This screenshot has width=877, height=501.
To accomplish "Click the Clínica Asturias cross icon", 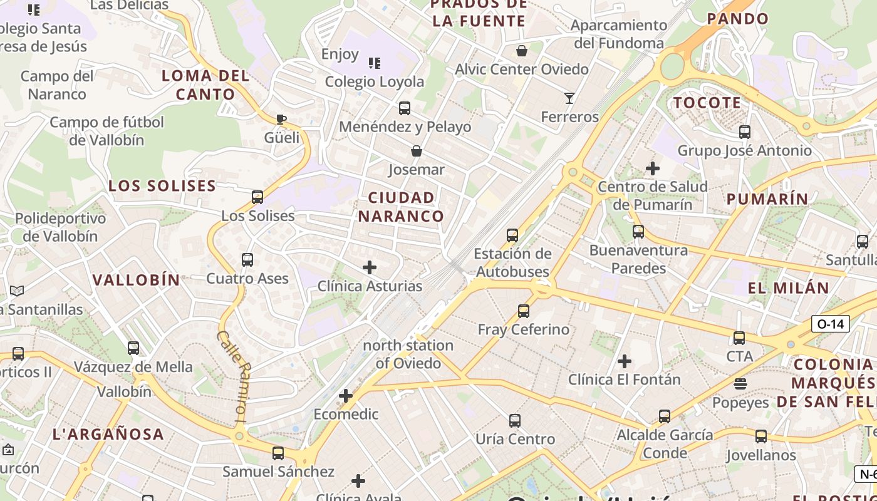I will point(370,267).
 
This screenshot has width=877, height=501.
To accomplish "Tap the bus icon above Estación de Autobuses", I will point(512,235).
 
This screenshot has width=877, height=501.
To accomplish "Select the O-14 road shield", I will point(831,324).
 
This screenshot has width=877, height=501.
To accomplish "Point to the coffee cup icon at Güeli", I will point(281,119).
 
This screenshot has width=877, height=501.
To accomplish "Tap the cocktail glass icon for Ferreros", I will point(569,98).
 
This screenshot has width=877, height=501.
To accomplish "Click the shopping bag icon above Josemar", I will point(416,151).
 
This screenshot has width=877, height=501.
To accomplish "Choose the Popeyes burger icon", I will point(740,384).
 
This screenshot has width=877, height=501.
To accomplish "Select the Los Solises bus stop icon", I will point(257,197).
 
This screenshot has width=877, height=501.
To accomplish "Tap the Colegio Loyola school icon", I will point(375,63).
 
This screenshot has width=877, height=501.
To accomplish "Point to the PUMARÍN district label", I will point(767,199).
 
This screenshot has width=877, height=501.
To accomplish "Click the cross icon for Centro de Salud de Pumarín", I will point(653,168).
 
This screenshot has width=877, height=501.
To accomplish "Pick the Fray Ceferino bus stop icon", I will point(524,311).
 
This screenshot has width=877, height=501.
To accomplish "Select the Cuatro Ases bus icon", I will point(247,260).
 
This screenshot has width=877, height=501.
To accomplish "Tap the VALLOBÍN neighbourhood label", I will point(137,280).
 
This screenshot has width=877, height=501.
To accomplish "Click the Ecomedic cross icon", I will point(346,396).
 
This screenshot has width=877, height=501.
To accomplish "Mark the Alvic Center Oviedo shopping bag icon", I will point(521,50).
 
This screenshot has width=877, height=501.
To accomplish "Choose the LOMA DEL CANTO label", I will point(205,85).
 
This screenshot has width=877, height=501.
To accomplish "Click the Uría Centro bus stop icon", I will point(515,420).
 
